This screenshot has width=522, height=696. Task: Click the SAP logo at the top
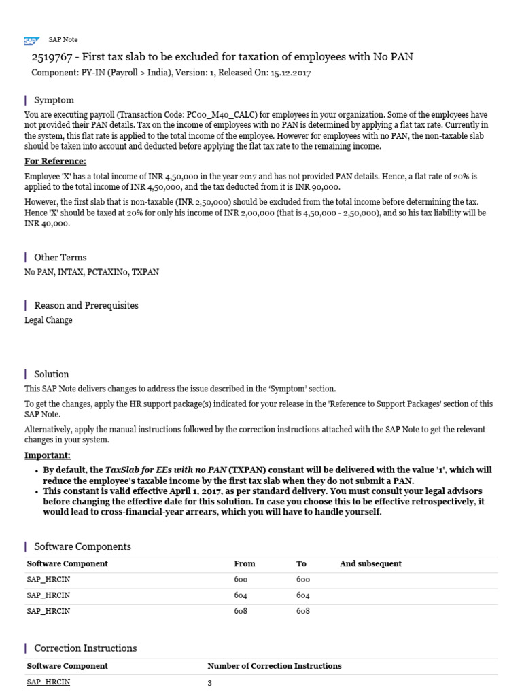31,40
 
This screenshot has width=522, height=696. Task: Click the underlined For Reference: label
55,161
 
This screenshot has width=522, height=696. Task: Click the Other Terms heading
60,257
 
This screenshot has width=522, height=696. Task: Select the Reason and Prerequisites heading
86,305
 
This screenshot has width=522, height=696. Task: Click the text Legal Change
48,320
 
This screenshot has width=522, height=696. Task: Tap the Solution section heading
52,374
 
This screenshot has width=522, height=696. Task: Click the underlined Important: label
48,455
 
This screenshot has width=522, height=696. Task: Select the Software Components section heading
82,546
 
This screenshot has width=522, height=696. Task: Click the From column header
244,563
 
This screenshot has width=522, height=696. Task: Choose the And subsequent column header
370,563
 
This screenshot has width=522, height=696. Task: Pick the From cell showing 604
241,595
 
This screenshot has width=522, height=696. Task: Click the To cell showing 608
302,611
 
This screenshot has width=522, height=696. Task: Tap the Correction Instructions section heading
85,648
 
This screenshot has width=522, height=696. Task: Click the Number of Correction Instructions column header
274,666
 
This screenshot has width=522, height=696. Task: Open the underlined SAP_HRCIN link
48,682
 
